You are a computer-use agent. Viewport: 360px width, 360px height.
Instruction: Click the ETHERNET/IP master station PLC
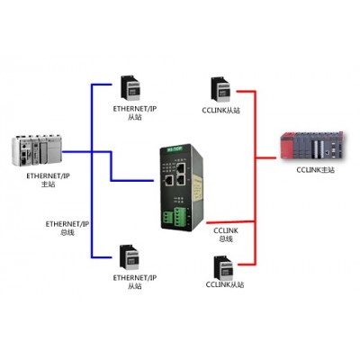tap(37, 149)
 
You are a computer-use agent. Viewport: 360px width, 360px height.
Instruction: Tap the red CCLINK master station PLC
tap(311, 145)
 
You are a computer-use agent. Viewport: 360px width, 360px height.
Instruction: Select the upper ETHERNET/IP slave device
tap(130, 88)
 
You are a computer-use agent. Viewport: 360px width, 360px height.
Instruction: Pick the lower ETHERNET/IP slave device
tap(130, 257)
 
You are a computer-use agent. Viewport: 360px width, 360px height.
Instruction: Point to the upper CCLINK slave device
tap(221, 90)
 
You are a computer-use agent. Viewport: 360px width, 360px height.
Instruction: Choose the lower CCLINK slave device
tap(223, 267)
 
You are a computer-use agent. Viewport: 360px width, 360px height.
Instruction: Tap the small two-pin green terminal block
tap(168, 218)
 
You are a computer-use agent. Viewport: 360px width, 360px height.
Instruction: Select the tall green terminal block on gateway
tap(180, 215)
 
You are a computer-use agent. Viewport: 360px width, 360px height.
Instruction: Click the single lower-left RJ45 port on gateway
tap(168, 181)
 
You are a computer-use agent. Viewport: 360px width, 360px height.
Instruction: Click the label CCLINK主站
tap(315, 170)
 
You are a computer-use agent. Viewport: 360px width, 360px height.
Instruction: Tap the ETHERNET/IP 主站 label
tap(48, 180)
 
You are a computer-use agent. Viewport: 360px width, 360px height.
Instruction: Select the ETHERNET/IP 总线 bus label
tap(67, 228)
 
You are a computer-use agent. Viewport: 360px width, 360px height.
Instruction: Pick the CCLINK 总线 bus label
tap(226, 235)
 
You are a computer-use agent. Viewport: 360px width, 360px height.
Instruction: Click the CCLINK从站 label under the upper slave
tap(221, 111)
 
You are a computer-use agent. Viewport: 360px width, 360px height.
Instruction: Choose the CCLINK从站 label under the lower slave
tap(225, 284)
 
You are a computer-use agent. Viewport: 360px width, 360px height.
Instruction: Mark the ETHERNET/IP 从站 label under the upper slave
tap(135, 112)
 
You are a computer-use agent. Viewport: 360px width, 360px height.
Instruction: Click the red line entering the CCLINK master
tap(265, 157)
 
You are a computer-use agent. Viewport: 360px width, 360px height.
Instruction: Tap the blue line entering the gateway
tap(132, 181)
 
